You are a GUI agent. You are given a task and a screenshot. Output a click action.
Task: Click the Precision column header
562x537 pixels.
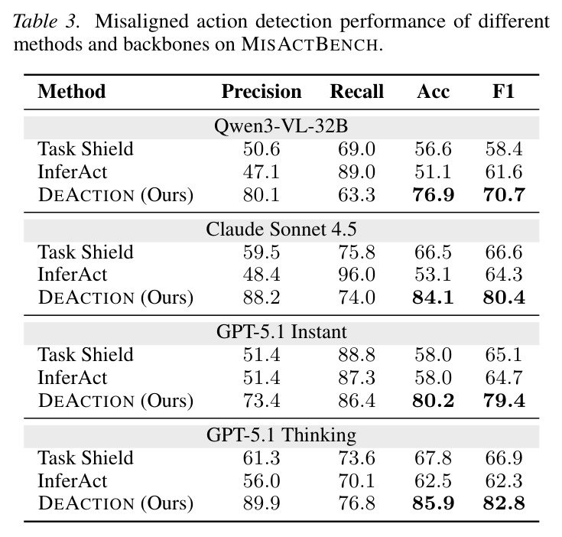coord(262,91)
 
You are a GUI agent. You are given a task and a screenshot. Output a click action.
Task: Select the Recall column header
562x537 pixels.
coord(356,91)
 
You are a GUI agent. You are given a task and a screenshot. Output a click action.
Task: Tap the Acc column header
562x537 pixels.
coord(433,91)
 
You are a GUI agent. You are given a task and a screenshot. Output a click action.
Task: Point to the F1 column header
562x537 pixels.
coord(504,91)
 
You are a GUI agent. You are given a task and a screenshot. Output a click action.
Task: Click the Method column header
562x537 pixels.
coord(72,91)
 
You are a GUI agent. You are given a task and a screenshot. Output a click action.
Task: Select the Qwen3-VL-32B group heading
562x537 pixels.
coord(281,126)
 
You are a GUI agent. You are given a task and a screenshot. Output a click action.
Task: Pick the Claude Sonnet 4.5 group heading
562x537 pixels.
coord(281,229)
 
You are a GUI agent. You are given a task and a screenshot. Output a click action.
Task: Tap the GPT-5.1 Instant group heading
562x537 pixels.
coord(281,332)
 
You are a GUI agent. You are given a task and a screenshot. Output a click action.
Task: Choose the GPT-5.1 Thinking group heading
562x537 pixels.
coord(281,434)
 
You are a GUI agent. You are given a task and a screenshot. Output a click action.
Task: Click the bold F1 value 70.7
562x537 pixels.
coord(504,195)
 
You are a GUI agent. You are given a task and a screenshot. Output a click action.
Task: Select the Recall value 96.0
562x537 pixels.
coord(356,275)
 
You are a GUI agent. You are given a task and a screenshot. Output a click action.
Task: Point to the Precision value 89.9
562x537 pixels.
coord(262,503)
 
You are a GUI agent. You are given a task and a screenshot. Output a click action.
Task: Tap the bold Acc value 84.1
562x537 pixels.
coord(433,298)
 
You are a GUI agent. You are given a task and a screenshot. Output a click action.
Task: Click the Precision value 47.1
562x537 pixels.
coord(262,172)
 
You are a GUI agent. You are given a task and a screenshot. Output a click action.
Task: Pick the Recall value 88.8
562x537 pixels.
coord(356,355)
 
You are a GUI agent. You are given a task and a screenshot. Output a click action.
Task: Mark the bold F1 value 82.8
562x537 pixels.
coord(504,503)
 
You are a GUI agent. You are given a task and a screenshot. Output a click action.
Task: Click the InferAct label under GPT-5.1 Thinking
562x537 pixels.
coord(73,480)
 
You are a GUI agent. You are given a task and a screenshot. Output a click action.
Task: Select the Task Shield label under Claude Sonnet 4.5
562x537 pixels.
coord(86,252)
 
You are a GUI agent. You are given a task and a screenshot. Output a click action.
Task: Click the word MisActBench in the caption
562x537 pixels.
coord(310,44)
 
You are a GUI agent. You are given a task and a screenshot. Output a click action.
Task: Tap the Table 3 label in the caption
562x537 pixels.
coord(45,21)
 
